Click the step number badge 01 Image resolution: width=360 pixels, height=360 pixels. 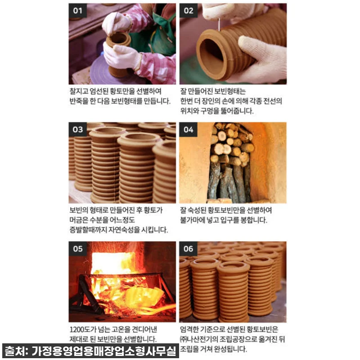77,10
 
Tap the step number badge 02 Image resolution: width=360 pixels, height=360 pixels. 188,10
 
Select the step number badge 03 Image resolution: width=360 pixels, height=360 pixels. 78,129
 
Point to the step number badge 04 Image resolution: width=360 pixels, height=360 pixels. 188,129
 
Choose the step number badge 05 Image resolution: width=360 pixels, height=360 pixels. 78,248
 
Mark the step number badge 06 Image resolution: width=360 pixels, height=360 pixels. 188,248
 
